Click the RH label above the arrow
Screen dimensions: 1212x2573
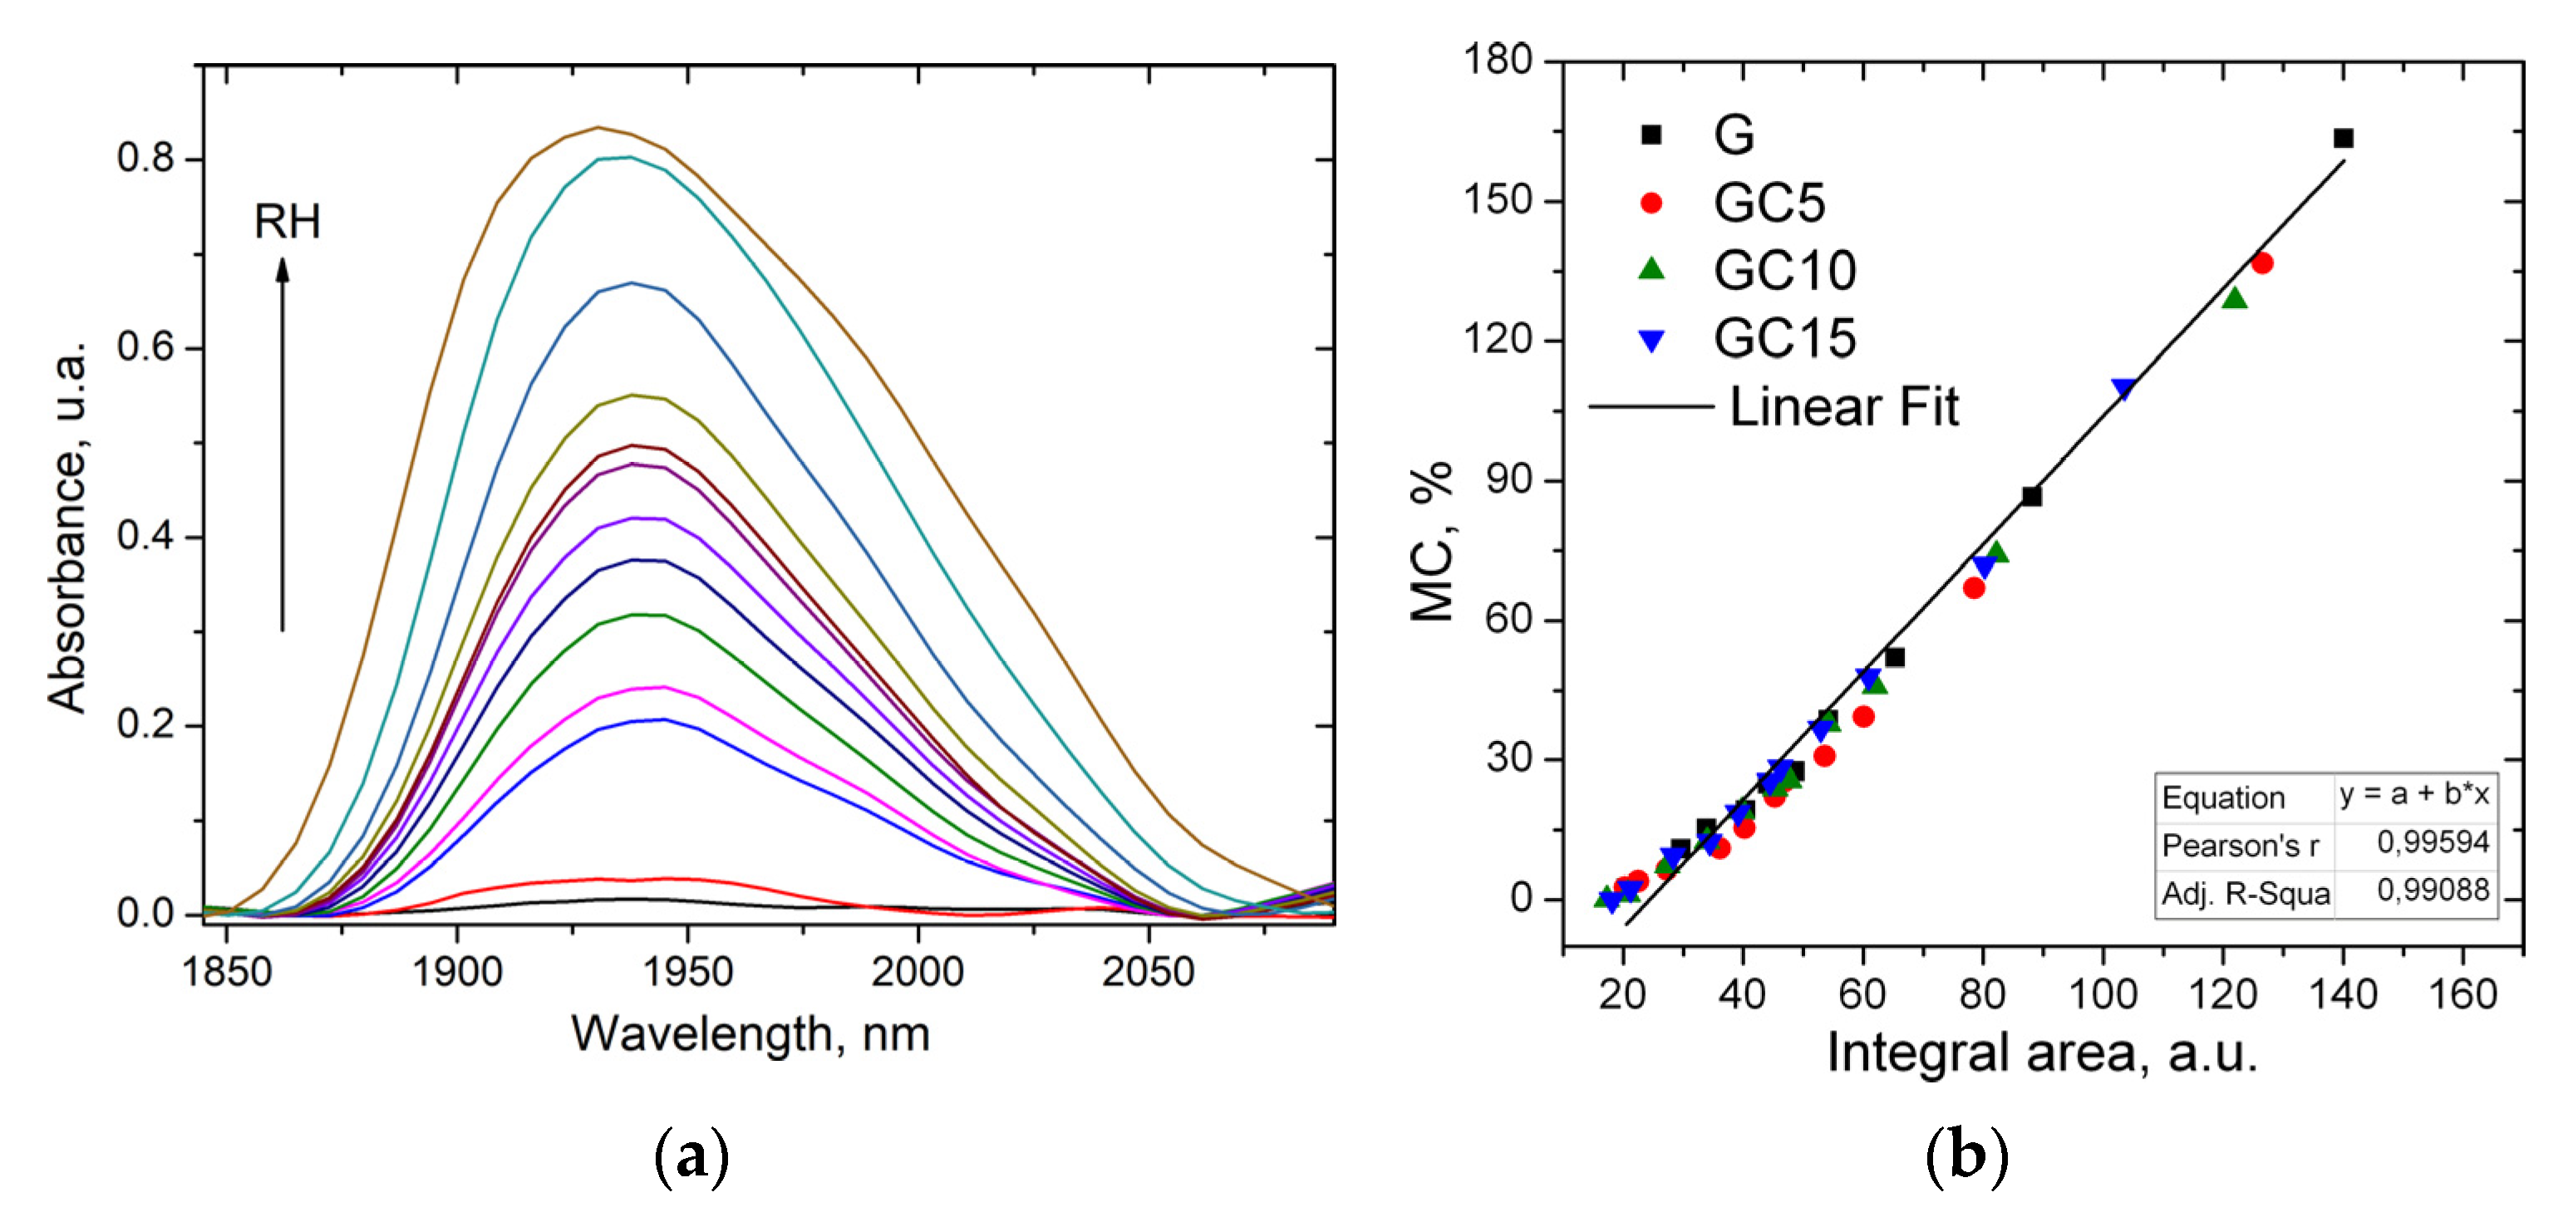click(287, 222)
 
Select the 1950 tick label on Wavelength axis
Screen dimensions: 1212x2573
click(687, 971)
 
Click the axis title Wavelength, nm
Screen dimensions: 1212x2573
click(750, 1034)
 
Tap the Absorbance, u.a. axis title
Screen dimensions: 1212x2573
click(68, 527)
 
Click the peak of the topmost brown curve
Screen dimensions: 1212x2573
click(598, 128)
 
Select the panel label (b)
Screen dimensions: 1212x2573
click(1965, 1157)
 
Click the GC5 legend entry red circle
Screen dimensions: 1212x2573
click(1651, 204)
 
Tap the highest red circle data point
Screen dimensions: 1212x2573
click(2262, 263)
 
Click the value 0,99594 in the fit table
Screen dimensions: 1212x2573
click(2433, 842)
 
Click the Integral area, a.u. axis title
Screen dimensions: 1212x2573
click(2042, 1053)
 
